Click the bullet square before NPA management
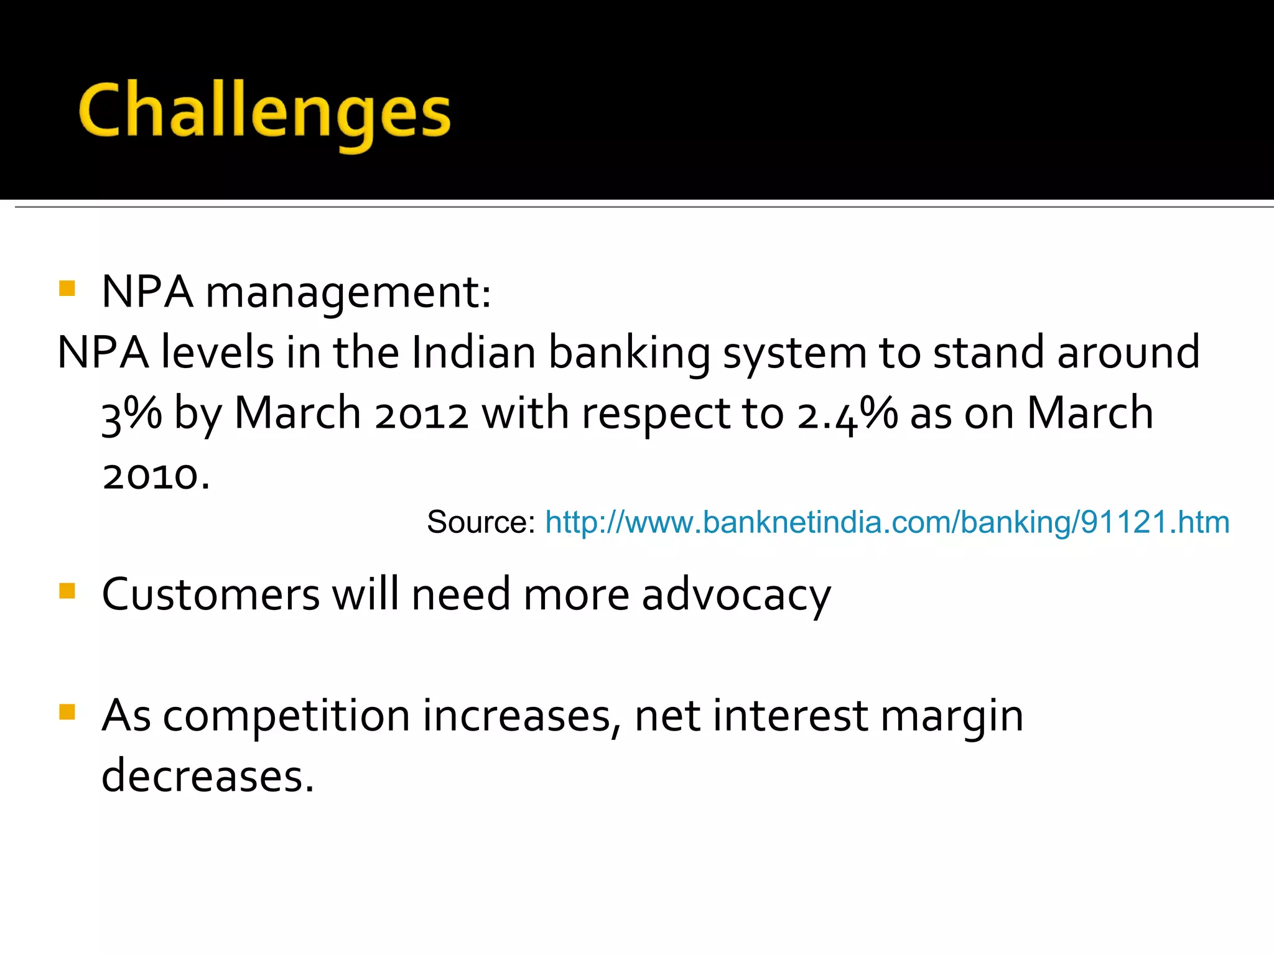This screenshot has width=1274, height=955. tap(67, 288)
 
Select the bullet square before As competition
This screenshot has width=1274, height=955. tap(67, 711)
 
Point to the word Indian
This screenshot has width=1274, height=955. tap(473, 353)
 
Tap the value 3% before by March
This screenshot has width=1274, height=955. tap(131, 413)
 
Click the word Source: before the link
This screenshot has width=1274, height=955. tap(480, 522)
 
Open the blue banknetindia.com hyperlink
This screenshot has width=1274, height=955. tap(887, 522)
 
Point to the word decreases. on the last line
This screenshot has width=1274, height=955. tap(208, 777)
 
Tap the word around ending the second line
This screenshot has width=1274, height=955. tap(1128, 353)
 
